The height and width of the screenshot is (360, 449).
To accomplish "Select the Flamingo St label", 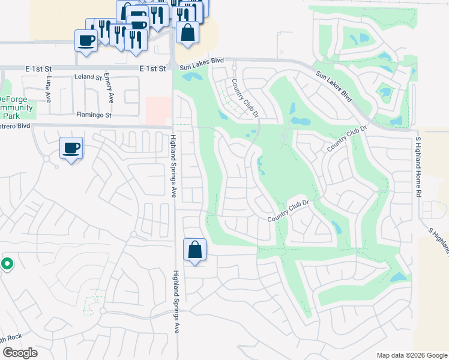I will pyautogui.click(x=94, y=114).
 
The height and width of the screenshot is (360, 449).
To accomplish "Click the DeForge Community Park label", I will pyautogui.click(x=16, y=107).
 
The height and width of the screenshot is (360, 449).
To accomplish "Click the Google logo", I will pyautogui.click(x=20, y=353).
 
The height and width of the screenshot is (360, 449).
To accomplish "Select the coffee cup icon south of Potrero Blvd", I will pyautogui.click(x=71, y=148).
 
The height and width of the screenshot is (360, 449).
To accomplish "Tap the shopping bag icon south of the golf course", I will pyautogui.click(x=195, y=250).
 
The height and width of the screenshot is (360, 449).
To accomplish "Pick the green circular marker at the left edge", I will pyautogui.click(x=7, y=263).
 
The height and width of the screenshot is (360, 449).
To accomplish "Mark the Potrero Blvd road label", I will pyautogui.click(x=15, y=127).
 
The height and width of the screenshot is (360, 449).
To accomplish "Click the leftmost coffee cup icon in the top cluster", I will pyautogui.click(x=86, y=40).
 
